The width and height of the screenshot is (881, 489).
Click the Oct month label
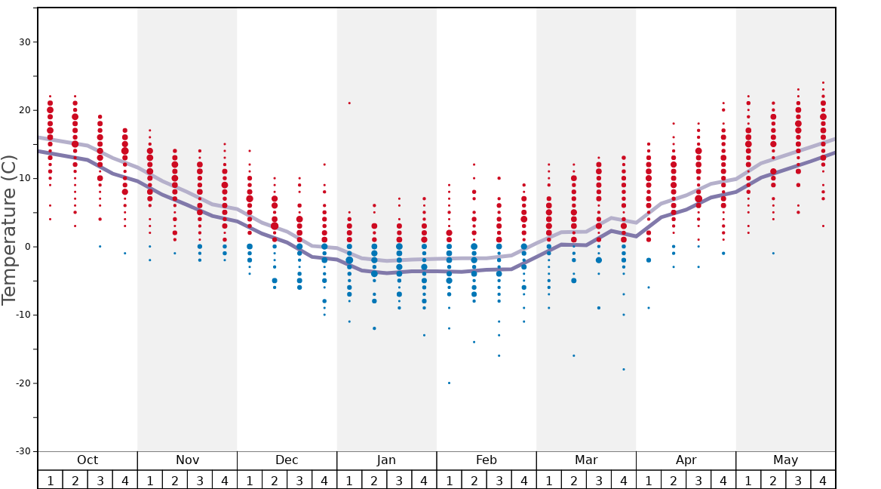[x=87, y=460]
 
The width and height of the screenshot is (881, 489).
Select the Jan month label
[x=386, y=460]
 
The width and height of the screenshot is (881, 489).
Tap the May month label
[x=785, y=460]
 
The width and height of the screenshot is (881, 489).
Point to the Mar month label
[x=586, y=460]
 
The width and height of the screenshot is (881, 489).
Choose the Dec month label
[x=287, y=460]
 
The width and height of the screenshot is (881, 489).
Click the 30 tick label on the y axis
[x=24, y=42]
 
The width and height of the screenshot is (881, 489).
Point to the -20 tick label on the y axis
[x=22, y=383]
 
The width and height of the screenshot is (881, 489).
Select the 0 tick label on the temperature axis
[x=27, y=247]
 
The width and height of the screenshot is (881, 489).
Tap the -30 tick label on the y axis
[x=22, y=451]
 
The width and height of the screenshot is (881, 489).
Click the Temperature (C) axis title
[x=9, y=229]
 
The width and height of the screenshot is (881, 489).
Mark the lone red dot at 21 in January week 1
[x=349, y=103]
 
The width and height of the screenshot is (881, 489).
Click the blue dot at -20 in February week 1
[x=449, y=383]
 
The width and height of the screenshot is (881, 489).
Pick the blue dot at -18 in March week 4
[x=624, y=369]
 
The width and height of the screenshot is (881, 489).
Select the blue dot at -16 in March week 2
[x=573, y=355]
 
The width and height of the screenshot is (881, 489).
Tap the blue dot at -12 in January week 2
[x=374, y=328]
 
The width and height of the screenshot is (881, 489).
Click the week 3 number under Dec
[x=299, y=480]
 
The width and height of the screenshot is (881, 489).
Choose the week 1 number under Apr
[x=649, y=480]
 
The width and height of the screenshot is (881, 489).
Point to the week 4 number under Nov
[x=225, y=480]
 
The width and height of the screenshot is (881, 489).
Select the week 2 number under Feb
[x=474, y=480]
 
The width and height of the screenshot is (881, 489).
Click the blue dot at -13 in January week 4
[x=424, y=335]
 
